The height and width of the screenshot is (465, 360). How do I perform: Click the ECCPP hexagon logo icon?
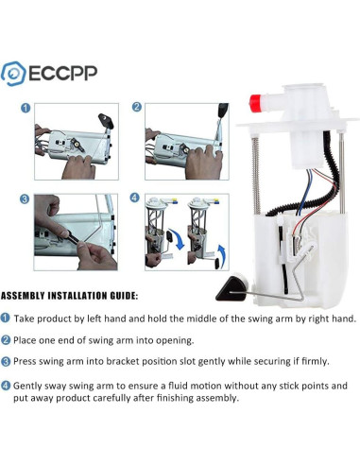tap(14, 72)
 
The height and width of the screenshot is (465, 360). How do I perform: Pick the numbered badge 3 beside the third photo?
tap(26, 199)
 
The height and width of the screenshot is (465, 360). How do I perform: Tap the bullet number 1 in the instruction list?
tap(7, 319)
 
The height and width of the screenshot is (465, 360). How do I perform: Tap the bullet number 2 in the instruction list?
tap(7, 339)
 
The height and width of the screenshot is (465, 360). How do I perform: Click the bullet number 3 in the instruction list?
tap(7, 361)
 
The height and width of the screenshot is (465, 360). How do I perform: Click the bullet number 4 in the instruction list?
tap(7, 386)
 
